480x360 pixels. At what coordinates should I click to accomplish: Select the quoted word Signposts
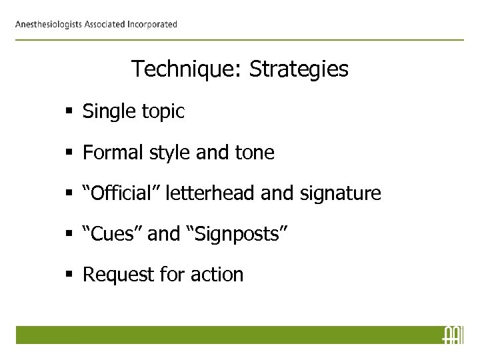click(x=241, y=234)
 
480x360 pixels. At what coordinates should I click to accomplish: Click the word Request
click(x=115, y=275)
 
